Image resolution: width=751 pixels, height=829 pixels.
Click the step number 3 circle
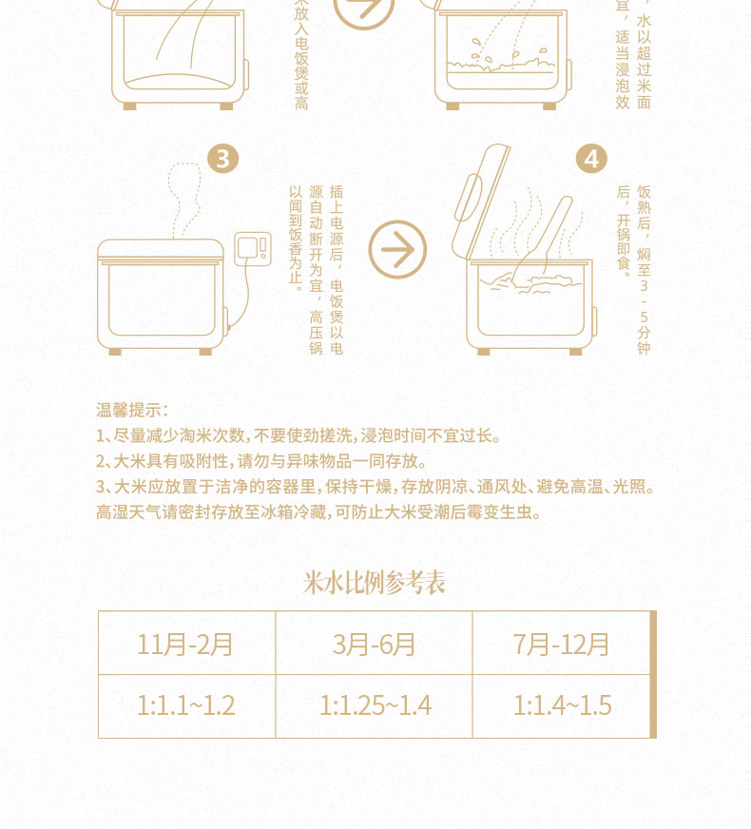click(221, 159)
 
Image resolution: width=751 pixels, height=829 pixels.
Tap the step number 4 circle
click(591, 159)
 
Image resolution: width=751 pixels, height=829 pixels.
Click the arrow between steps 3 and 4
click(397, 250)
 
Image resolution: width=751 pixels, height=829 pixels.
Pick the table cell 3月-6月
click(375, 644)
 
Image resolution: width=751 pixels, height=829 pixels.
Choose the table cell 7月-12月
click(561, 644)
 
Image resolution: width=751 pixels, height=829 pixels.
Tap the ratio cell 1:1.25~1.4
click(375, 705)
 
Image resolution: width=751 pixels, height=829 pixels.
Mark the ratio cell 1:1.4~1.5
click(561, 705)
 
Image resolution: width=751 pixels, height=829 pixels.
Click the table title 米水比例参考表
click(375, 583)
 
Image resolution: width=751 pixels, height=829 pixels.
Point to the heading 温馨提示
click(131, 411)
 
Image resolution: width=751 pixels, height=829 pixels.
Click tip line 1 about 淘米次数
click(298, 436)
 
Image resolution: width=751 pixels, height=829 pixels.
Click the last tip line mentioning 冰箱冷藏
click(318, 512)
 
